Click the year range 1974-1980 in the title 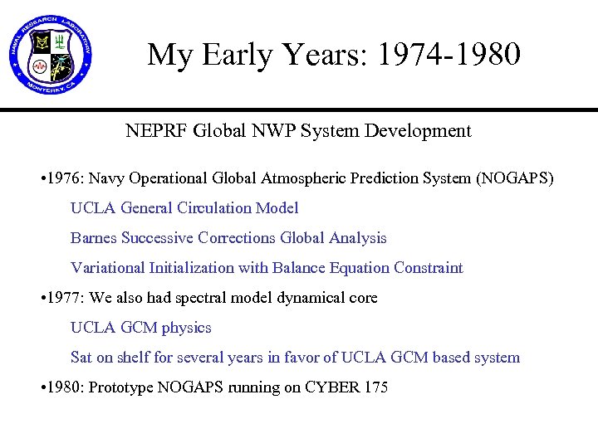tap(448, 55)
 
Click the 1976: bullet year tap(66, 178)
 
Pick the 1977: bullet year tap(66, 298)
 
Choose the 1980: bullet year tap(66, 387)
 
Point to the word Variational tap(107, 268)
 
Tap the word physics tap(187, 328)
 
